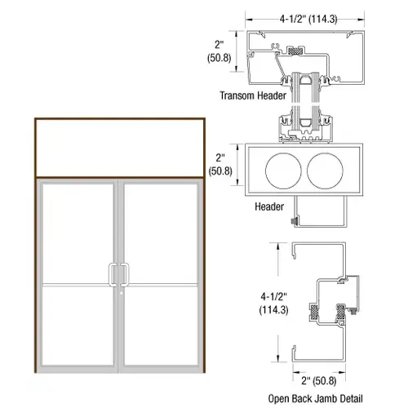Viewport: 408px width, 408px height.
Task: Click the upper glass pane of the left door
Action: [79, 233]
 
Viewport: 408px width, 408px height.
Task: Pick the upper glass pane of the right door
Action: [161, 233]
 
